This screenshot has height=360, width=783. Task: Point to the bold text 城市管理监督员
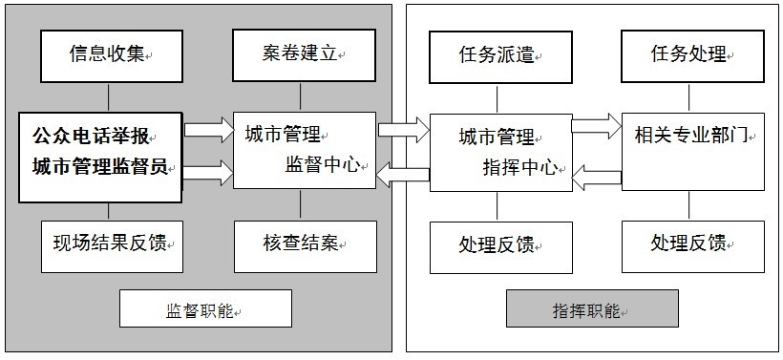(99, 167)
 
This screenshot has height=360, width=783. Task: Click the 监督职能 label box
(204, 309)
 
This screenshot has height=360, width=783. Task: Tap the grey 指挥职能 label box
(592, 309)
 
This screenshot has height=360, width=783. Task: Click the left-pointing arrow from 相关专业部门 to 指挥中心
(596, 173)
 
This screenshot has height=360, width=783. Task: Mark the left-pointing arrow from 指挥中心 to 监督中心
(403, 171)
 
